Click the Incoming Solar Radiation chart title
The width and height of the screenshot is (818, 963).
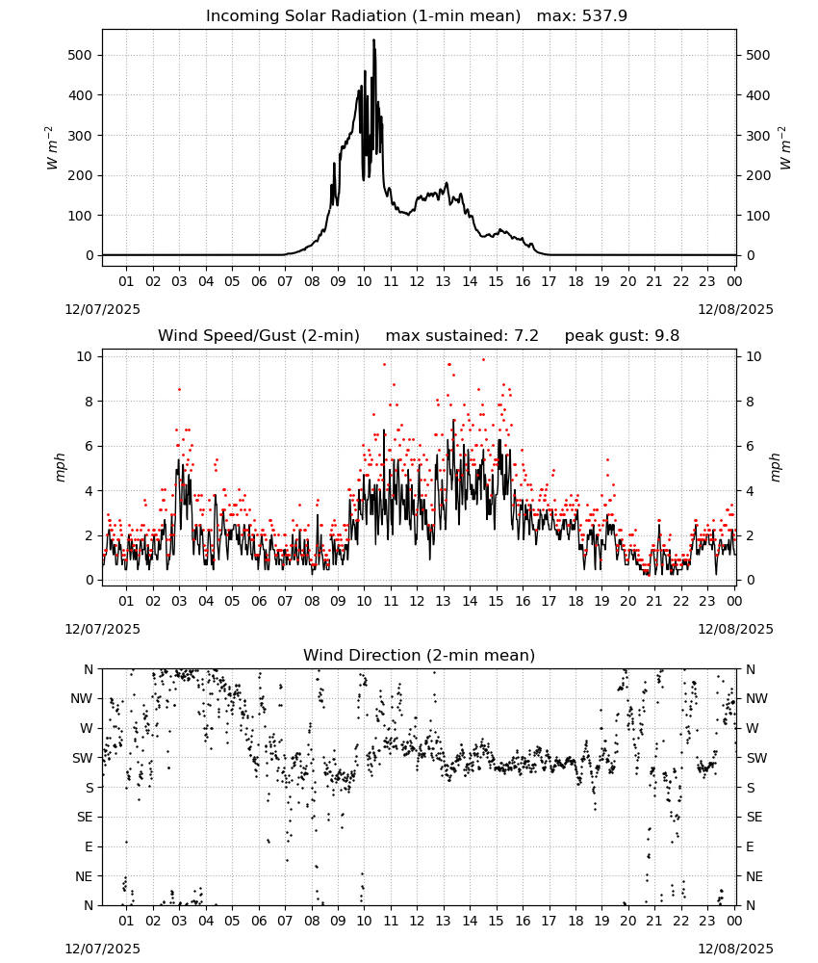[x=363, y=16]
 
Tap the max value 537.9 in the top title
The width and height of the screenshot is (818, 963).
[x=604, y=16]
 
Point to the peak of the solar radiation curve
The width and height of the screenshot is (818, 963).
[x=373, y=39]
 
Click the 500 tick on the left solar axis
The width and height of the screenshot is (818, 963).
[x=80, y=55]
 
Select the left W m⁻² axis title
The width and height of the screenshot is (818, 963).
[x=52, y=148]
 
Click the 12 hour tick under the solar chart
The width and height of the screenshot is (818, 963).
[x=417, y=281]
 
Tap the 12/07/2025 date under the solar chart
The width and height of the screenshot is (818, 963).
[x=102, y=309]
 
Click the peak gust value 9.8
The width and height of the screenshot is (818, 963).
[x=668, y=336]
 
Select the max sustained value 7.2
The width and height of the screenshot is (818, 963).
[x=527, y=336]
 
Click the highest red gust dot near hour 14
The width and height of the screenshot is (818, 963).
[x=483, y=360]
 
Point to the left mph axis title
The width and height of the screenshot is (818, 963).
[x=60, y=467]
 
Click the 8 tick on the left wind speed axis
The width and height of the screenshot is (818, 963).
[x=89, y=402]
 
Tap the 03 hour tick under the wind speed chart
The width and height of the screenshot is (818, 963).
[x=179, y=601]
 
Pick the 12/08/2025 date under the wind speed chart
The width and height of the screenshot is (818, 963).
[x=736, y=630]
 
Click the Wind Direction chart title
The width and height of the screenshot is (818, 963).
[x=420, y=655]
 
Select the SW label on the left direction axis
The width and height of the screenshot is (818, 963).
[x=82, y=758]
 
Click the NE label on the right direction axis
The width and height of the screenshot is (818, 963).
[x=754, y=876]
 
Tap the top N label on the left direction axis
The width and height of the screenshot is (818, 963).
[x=89, y=669]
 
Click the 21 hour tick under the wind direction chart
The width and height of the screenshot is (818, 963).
[x=654, y=922]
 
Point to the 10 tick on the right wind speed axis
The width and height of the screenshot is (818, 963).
[x=754, y=357]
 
